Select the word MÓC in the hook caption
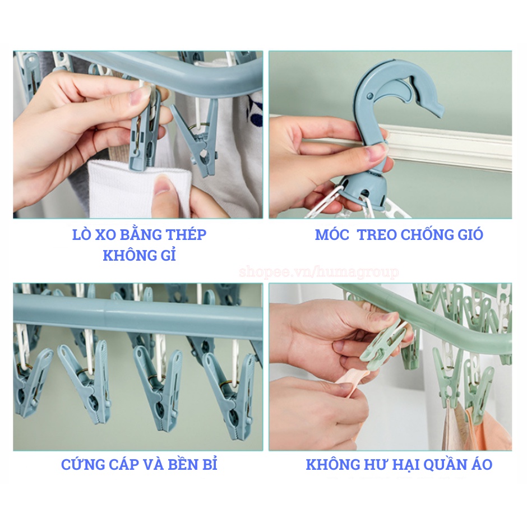click(332, 234)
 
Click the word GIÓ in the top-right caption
click(470, 234)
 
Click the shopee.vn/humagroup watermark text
click(319, 272)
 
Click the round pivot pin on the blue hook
click(370, 96)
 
